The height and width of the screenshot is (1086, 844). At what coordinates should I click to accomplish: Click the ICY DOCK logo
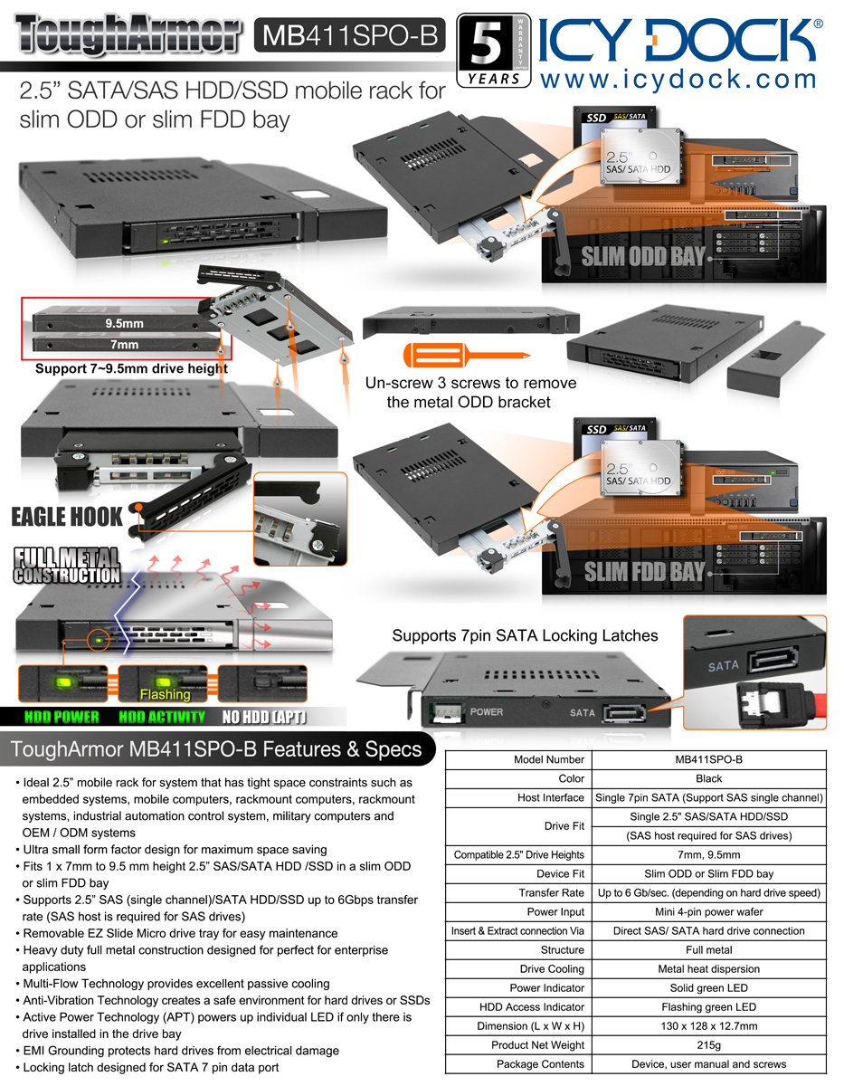680,40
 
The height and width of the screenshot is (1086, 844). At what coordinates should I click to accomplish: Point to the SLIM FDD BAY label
643,571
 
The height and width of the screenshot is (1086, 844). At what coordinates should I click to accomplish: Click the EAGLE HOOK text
67,517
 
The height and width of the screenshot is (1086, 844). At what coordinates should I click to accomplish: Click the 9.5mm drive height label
124,323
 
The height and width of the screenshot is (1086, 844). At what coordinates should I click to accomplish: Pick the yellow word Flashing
165,695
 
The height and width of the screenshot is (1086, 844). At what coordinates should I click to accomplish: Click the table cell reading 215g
709,1045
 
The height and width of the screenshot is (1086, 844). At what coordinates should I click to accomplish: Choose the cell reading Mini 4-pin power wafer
709,912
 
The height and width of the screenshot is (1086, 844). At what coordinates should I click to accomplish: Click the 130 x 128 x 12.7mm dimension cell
709,1026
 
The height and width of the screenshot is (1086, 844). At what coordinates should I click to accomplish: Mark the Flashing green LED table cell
709,1007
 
